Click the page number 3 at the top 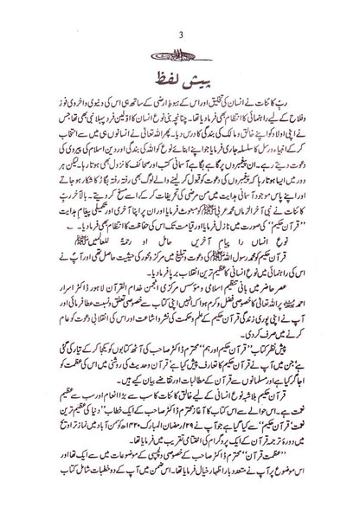180,11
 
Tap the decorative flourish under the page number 180,29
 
